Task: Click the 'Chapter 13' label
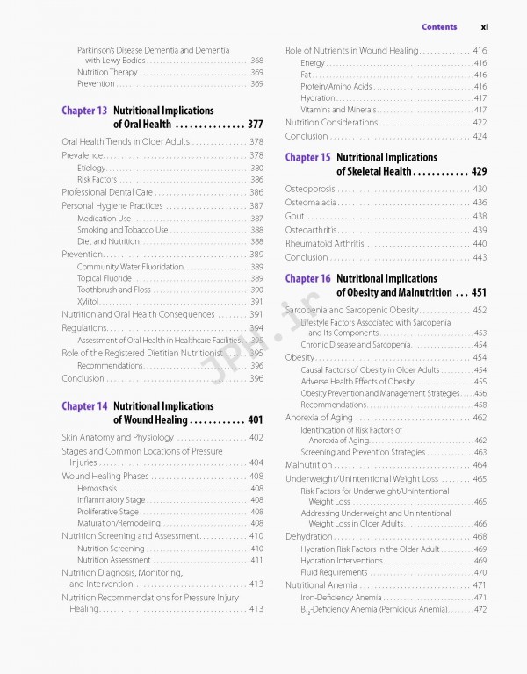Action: (x=84, y=111)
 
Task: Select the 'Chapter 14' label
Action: (x=84, y=407)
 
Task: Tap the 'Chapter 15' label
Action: (x=307, y=158)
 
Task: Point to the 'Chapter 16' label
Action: (x=307, y=279)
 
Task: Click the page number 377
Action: (x=256, y=125)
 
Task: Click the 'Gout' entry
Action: (x=295, y=216)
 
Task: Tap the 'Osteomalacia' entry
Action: (x=311, y=203)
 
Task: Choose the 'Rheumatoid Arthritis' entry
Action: (x=324, y=243)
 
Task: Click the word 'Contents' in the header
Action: (x=439, y=27)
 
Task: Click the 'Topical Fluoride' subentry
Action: (x=105, y=278)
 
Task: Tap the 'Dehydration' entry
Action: (x=308, y=536)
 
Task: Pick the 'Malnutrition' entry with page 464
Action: (x=308, y=465)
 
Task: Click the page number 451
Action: (x=479, y=292)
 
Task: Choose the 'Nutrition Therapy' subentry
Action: (x=107, y=73)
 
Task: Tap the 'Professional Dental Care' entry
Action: (x=107, y=192)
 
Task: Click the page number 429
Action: (x=479, y=171)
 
